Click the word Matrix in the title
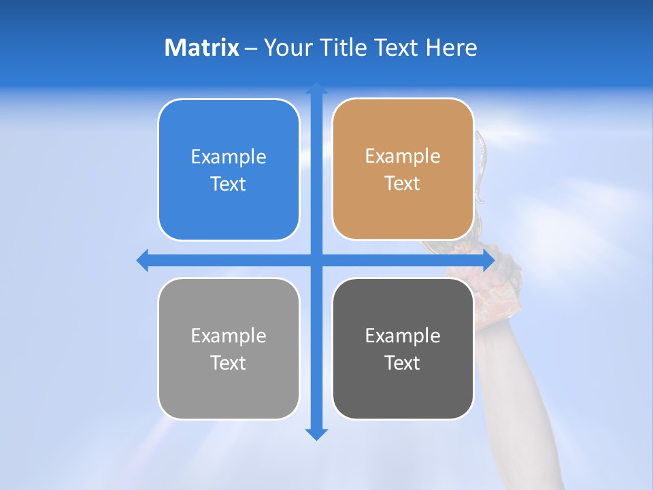tap(201, 48)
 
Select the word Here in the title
tap(451, 48)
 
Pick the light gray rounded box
tap(229, 395)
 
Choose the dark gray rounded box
tap(403, 395)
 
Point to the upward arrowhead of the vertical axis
tap(316, 88)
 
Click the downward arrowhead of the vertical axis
tap(316, 434)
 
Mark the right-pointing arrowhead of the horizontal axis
tap(488, 260)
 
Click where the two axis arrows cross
tap(316, 260)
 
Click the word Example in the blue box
tap(229, 157)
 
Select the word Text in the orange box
tap(403, 184)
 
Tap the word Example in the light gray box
tap(229, 336)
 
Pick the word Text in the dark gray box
tap(403, 363)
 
